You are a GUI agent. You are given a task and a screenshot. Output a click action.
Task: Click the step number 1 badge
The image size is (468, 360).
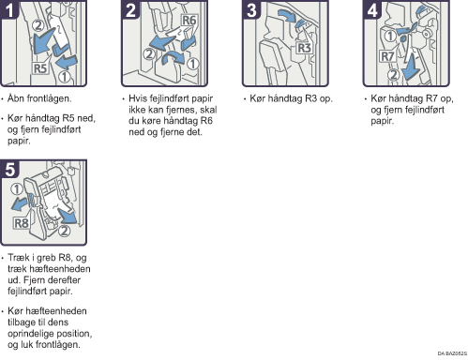(x=9, y=9)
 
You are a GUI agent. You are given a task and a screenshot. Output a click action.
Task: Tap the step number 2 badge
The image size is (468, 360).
(x=130, y=9)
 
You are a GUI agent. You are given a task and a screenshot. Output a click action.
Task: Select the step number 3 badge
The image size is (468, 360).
(x=251, y=9)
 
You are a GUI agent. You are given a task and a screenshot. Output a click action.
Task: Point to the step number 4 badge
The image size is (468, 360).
(x=372, y=9)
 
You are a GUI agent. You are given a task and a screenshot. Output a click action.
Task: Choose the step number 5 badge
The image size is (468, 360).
(x=9, y=169)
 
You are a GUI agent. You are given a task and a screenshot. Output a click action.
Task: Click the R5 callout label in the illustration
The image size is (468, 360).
(x=40, y=68)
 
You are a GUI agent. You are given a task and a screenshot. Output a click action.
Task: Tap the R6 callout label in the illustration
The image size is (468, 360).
(x=189, y=21)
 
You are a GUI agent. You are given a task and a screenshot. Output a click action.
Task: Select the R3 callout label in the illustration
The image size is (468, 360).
(x=304, y=48)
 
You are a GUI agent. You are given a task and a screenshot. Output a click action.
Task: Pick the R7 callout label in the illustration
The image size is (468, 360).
(x=387, y=56)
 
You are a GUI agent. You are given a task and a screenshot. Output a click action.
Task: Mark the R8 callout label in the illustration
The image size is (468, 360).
(x=22, y=223)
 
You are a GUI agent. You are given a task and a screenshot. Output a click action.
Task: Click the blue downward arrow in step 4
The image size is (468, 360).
(x=411, y=67)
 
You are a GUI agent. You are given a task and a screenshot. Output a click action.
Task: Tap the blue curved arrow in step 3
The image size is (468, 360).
(x=287, y=16)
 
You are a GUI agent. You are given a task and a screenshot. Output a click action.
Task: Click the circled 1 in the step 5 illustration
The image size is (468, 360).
(x=16, y=189)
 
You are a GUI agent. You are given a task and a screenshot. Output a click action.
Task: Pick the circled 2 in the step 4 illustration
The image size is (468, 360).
(x=393, y=75)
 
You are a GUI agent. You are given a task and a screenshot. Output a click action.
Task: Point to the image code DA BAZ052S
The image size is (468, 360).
(x=452, y=353)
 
